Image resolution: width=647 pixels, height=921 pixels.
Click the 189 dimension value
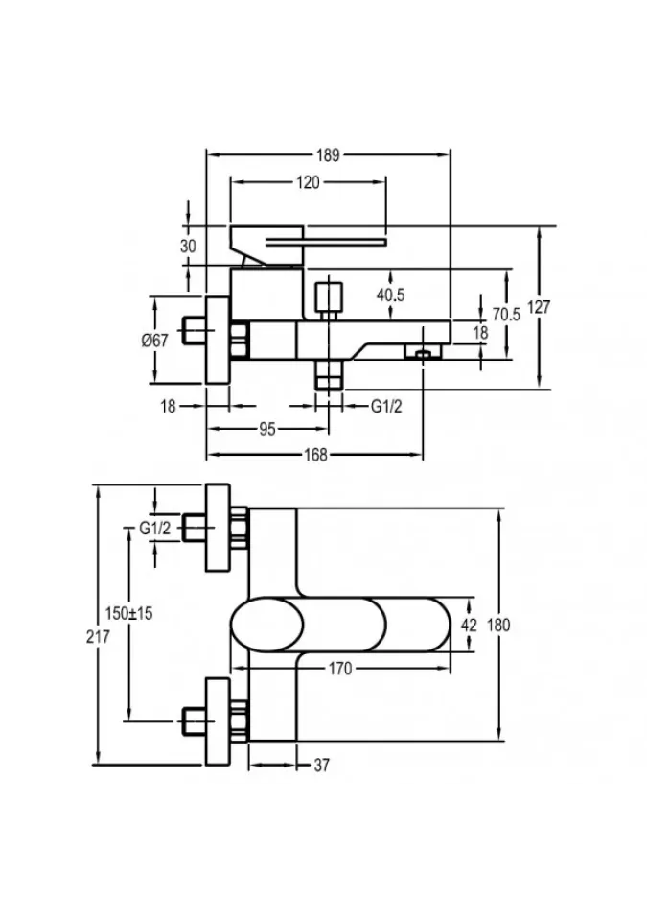pos(328,155)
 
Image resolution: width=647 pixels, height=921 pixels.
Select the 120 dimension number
pos(308,182)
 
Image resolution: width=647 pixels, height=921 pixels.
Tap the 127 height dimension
pos(539,307)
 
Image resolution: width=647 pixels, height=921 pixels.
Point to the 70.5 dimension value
pos(506,315)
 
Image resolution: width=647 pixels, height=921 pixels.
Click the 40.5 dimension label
pos(390,295)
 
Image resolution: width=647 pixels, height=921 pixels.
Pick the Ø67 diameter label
pos(155,340)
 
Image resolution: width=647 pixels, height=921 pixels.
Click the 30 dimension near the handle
pos(188,247)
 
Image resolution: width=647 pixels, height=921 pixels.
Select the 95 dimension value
pos(267,429)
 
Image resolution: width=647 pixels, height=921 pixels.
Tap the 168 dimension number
pos(315,455)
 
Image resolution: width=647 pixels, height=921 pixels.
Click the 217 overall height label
pos(98,636)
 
